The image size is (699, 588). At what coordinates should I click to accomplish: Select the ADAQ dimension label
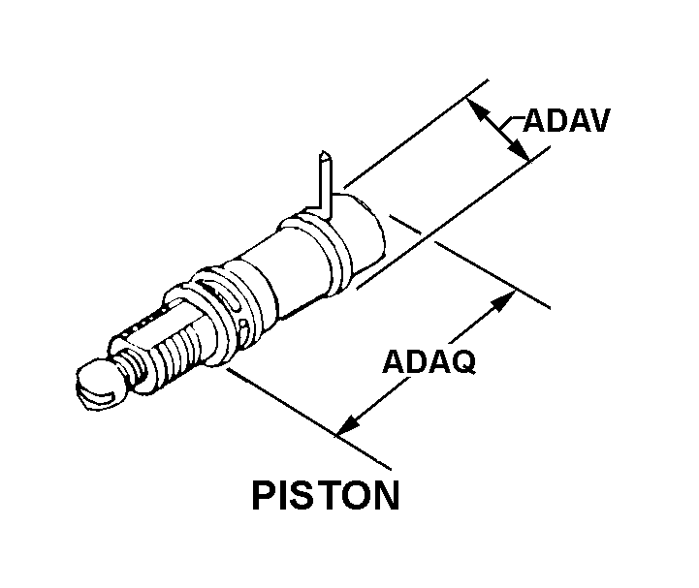pos(429,363)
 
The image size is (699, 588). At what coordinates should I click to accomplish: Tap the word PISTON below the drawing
pos(325,495)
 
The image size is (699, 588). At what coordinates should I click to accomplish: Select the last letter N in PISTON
pos(385,495)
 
